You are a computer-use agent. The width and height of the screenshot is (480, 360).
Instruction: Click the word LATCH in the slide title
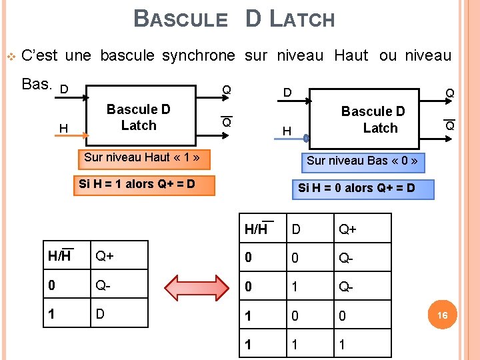point(302,19)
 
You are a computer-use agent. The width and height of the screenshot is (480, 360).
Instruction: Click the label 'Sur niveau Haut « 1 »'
point(143,158)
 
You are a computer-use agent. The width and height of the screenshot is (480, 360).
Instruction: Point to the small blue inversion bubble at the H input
point(306,139)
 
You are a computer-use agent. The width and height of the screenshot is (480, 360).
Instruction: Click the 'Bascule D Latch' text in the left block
point(139,117)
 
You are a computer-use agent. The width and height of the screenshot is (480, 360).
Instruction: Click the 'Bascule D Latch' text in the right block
point(373,120)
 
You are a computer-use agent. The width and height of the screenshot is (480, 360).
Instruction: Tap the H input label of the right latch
point(287,132)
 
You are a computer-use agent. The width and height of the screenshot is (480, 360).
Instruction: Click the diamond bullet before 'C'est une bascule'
point(10,56)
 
